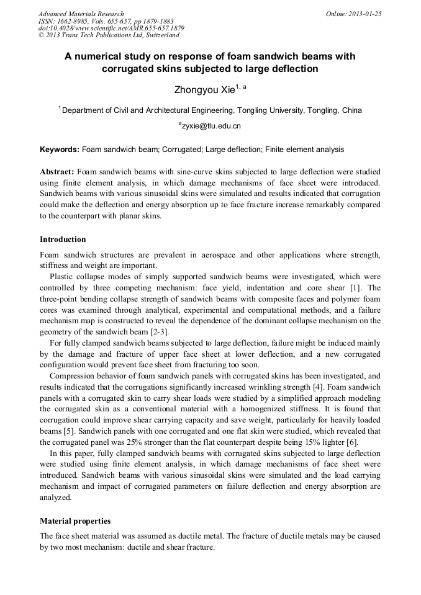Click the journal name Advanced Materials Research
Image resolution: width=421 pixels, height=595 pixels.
[81, 13]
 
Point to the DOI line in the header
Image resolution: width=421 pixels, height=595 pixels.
[111, 28]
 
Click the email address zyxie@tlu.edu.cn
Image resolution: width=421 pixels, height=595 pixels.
[211, 126]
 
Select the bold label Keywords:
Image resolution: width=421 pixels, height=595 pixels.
[60, 150]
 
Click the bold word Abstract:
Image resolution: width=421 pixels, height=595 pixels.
[57, 171]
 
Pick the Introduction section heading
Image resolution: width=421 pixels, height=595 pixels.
[63, 239]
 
